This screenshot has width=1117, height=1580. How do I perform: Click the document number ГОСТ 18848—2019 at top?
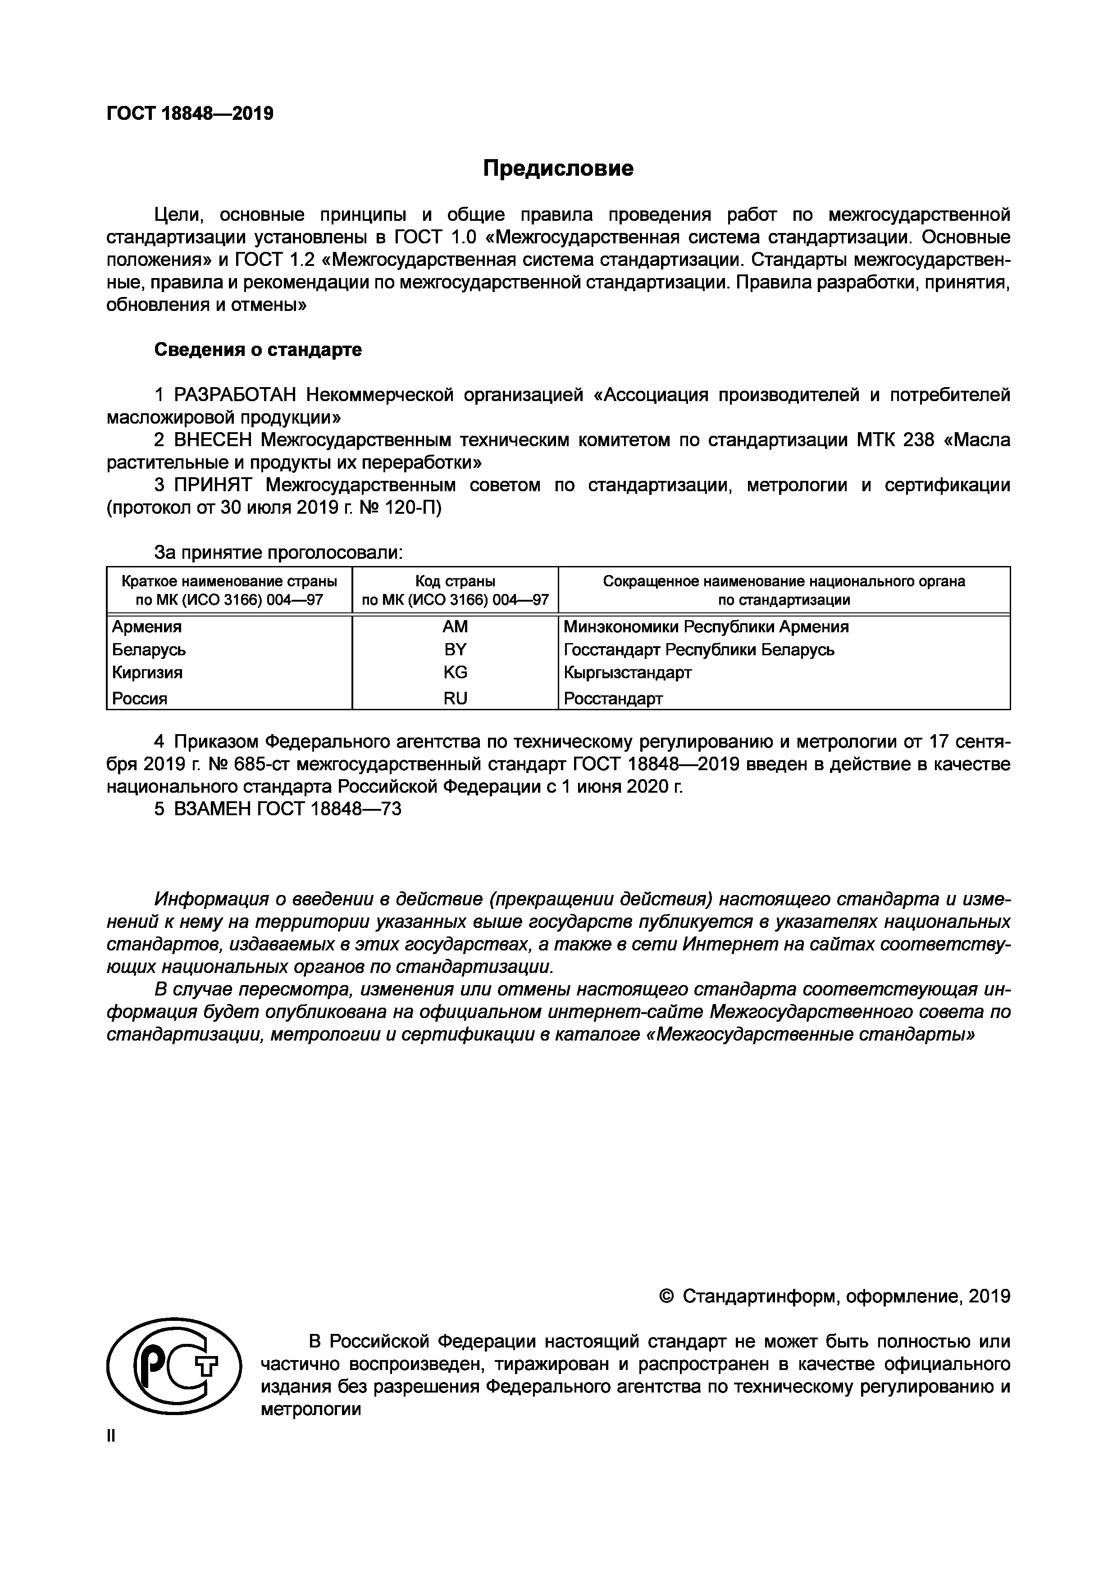190,114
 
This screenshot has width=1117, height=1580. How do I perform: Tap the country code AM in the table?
455,627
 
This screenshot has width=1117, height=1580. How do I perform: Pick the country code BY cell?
455,649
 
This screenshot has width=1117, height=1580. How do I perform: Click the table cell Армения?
147,627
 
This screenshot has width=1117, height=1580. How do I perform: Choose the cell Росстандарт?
613,699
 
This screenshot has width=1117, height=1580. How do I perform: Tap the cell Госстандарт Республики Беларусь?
698,649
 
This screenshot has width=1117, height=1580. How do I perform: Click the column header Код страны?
455,581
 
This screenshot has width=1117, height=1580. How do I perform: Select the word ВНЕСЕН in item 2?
213,440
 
